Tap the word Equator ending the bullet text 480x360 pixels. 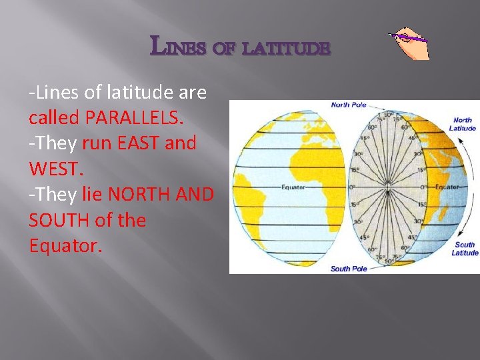click(x=65, y=246)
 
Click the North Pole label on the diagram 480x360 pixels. click(x=349, y=105)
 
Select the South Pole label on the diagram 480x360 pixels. click(x=348, y=268)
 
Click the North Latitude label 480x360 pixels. click(x=463, y=124)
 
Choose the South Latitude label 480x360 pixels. click(x=465, y=249)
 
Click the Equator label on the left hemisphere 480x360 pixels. click(x=293, y=187)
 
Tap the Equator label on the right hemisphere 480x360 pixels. click(x=447, y=187)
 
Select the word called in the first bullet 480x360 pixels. click(x=54, y=117)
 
